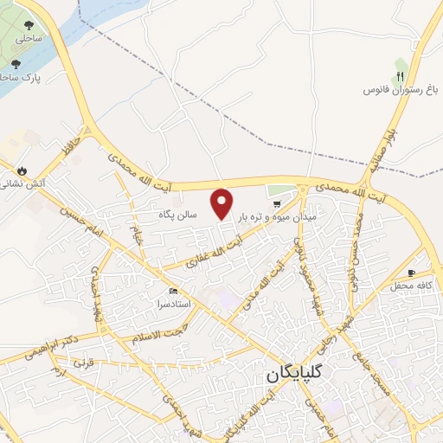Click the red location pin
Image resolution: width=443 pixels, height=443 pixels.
(x=223, y=202)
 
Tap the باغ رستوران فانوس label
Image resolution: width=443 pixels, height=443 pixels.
(x=395, y=91)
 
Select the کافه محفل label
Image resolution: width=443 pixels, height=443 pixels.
(x=411, y=286)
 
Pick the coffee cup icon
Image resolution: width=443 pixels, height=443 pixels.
(x=423, y=272)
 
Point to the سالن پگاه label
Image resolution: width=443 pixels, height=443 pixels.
(x=179, y=213)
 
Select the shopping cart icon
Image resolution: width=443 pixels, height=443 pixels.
(x=277, y=205)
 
